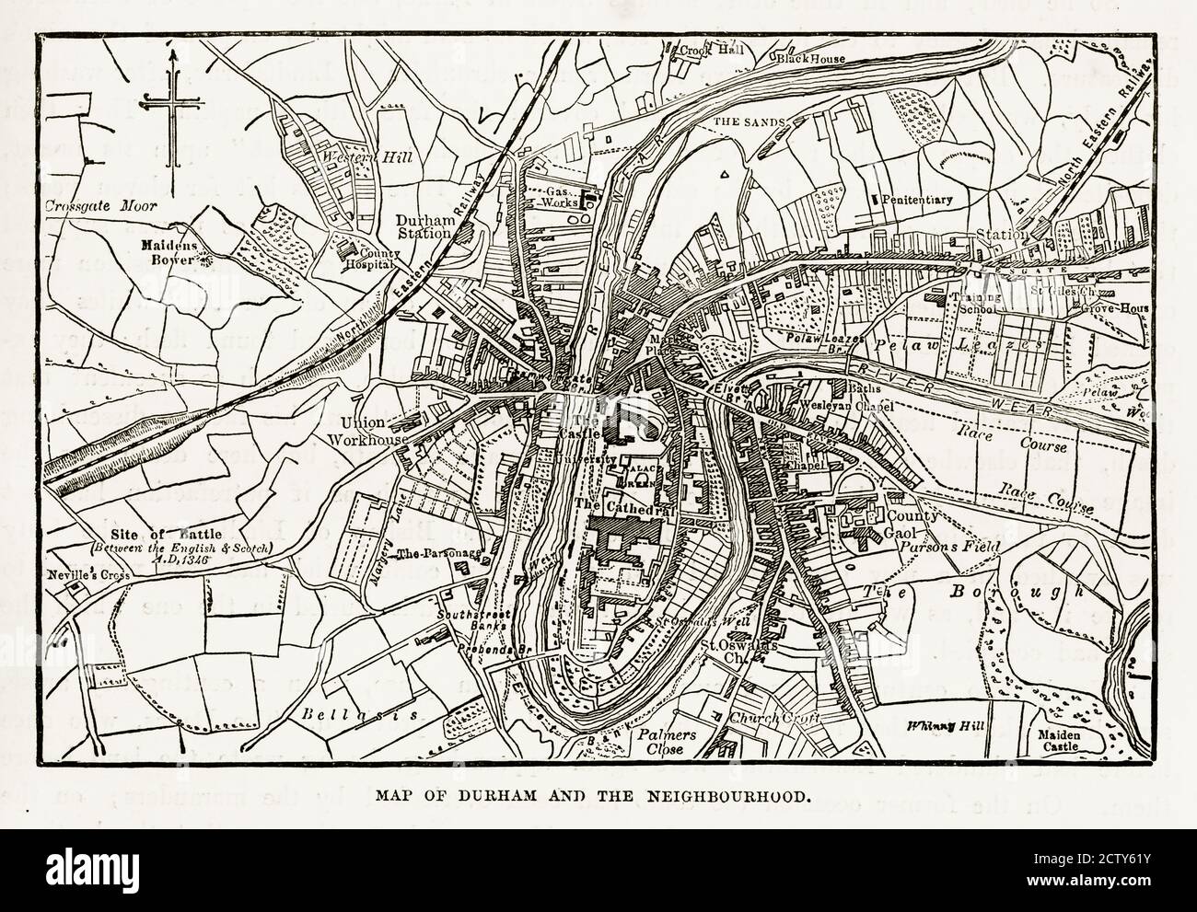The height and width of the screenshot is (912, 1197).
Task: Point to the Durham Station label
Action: point(424,226)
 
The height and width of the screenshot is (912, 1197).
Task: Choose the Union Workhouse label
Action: point(374,431)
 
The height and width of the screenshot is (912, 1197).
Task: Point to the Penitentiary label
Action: point(916,199)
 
